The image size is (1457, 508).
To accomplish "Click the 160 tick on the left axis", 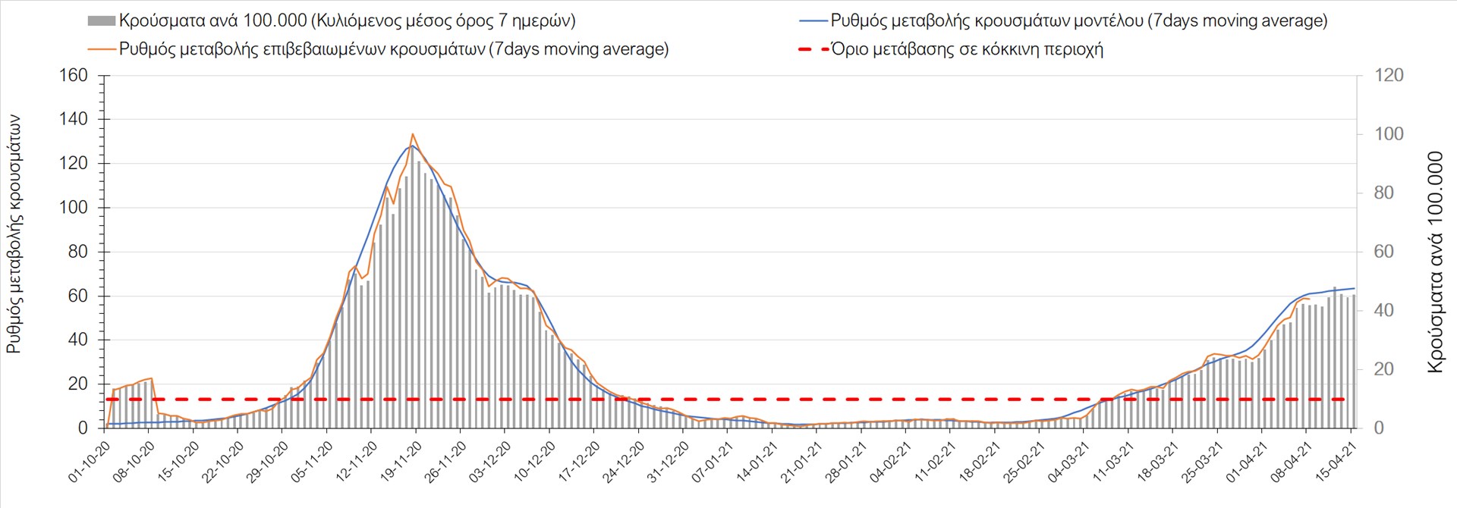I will pyautogui.click(x=74, y=75).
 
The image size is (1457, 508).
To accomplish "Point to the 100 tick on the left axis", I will pyautogui.click(x=74, y=207).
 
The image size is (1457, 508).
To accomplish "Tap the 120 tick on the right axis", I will pyautogui.click(x=1389, y=75).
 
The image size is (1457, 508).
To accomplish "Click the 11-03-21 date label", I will pyautogui.click(x=1114, y=462).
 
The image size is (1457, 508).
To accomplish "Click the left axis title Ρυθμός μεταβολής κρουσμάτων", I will pyautogui.click(x=14, y=234).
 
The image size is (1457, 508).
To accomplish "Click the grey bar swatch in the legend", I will pyautogui.click(x=102, y=21).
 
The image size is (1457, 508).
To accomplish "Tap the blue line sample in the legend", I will pyautogui.click(x=813, y=21).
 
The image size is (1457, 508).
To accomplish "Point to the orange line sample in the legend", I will pyautogui.click(x=102, y=49).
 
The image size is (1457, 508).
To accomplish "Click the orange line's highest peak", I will pyautogui.click(x=413, y=134).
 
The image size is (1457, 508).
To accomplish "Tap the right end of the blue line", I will pyautogui.click(x=1355, y=288).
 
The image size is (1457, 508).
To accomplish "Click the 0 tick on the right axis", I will pyautogui.click(x=1379, y=428).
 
